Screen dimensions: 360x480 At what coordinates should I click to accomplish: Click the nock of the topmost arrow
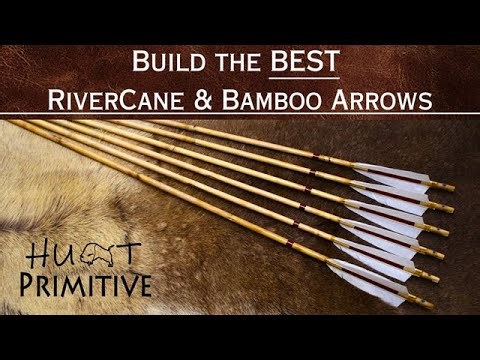click(449, 187)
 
